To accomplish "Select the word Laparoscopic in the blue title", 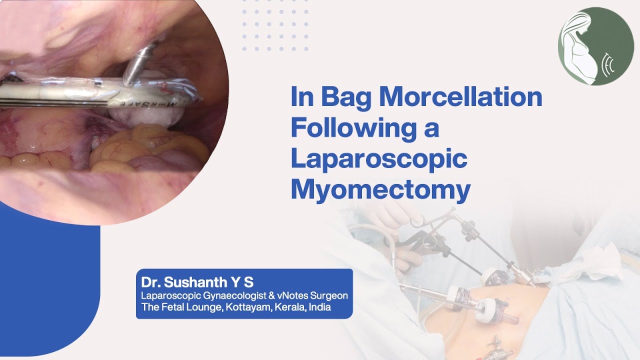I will coord(379,159).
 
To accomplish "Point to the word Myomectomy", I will coord(380,190).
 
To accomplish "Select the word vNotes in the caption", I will coord(284,295).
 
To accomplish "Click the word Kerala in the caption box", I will coord(291,307).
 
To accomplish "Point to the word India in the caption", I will coord(320,307).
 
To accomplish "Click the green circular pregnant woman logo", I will coord(595,46).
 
